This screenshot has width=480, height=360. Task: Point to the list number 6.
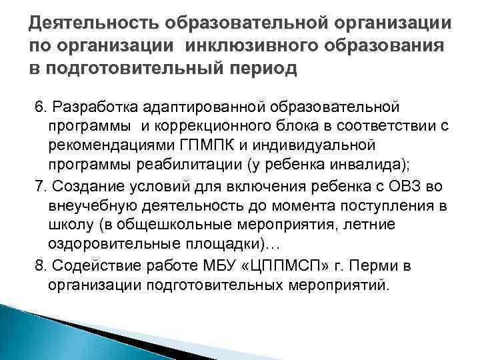(39, 107)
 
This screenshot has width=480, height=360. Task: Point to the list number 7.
(39, 183)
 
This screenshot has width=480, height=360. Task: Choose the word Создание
(80, 183)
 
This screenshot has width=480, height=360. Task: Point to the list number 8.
(39, 266)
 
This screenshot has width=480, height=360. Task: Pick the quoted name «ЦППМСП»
(289, 266)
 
